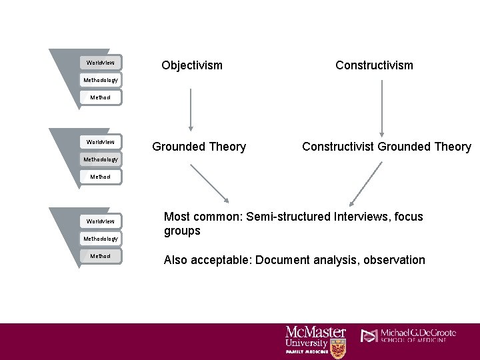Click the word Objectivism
pyautogui.click(x=192, y=65)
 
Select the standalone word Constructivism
pyautogui.click(x=374, y=65)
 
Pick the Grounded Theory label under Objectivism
pyautogui.click(x=199, y=147)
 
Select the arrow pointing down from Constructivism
pyautogui.click(x=381, y=107)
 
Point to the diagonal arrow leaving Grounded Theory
pyautogui.click(x=209, y=183)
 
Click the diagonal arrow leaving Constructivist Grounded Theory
pyautogui.click(x=365, y=183)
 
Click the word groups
pyautogui.click(x=182, y=231)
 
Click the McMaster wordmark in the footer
pyautogui.click(x=315, y=332)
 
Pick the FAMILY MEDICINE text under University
pyautogui.click(x=307, y=351)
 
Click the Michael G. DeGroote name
pyautogui.click(x=419, y=333)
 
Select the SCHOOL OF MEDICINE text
pyautogui.click(x=419, y=341)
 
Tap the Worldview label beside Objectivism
pyautogui.click(x=101, y=63)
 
